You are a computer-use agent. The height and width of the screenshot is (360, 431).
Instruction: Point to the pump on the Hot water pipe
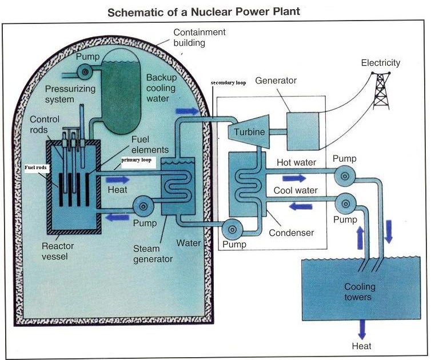(345, 177)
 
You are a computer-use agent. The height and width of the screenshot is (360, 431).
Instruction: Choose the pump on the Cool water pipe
(345, 203)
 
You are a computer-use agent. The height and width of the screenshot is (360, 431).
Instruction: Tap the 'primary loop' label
(137, 162)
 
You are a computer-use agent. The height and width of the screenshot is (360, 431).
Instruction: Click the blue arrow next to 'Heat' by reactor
(122, 178)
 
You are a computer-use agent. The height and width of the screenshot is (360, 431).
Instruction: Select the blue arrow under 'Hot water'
(294, 178)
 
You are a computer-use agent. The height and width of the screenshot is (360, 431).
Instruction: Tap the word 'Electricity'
(381, 63)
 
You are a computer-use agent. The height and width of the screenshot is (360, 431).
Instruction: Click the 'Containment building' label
(199, 38)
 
